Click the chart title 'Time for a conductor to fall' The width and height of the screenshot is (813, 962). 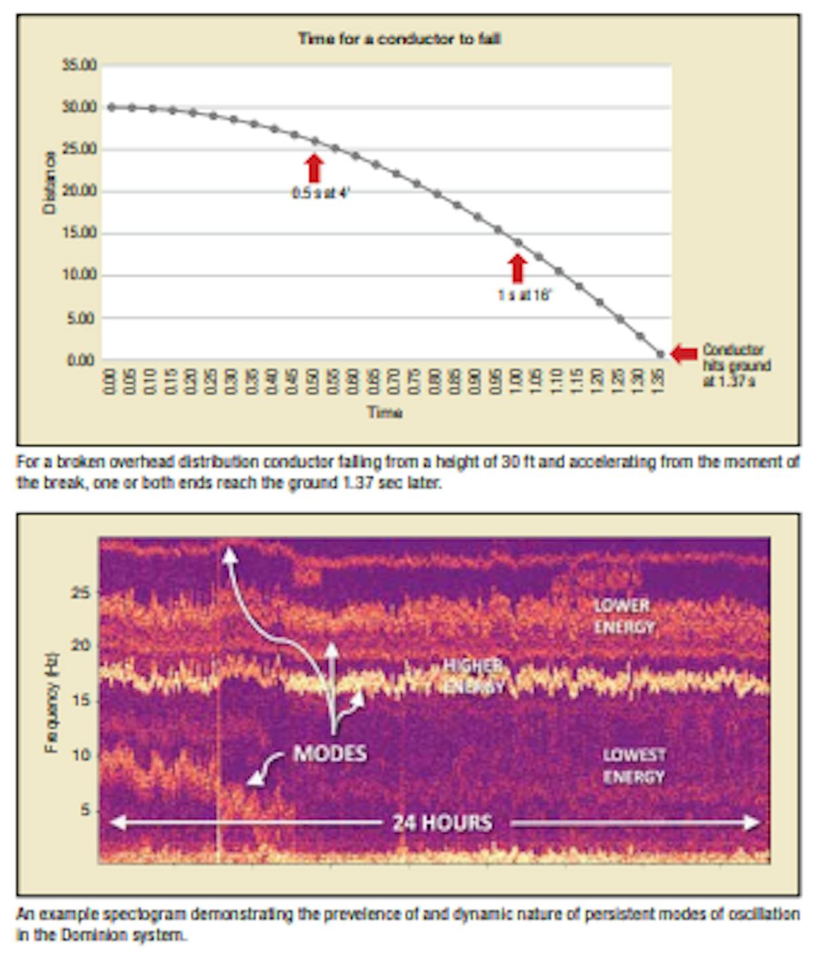[399, 39]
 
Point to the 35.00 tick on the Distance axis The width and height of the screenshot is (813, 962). [80, 66]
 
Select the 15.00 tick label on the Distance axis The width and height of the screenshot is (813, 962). [80, 233]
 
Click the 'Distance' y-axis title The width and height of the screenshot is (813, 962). [49, 183]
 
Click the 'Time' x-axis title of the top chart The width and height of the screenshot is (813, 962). [385, 412]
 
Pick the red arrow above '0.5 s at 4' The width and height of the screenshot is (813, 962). [314, 168]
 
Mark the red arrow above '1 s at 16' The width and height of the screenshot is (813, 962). [518, 268]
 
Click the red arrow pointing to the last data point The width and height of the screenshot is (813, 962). [684, 354]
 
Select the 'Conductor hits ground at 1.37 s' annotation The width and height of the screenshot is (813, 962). [736, 365]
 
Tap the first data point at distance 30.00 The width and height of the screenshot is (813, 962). [112, 107]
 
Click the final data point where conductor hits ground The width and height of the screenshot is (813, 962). [661, 354]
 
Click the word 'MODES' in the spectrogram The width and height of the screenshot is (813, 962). [330, 753]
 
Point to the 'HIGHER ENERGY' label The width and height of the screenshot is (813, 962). [474, 676]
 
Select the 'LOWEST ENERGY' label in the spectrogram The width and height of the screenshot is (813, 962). [634, 766]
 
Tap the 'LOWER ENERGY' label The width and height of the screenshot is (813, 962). [623, 616]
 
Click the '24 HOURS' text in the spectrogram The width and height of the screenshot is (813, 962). [442, 822]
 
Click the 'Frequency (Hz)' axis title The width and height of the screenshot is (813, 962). [51, 702]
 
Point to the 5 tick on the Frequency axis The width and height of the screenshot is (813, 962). [85, 810]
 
